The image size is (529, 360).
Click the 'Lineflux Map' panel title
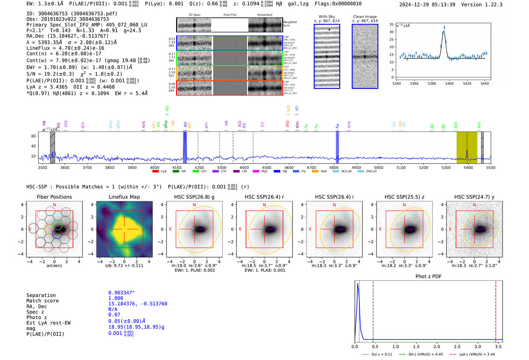tap(124, 197)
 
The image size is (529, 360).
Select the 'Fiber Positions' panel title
tap(54, 197)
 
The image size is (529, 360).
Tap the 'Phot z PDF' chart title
tap(428, 277)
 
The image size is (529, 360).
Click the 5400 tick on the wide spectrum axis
tap(468, 168)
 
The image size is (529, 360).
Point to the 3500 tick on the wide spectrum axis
tap(43, 168)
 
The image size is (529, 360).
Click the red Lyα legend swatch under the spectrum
tap(155, 172)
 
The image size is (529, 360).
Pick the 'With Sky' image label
tap(326, 17)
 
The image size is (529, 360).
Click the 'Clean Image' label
tap(365, 17)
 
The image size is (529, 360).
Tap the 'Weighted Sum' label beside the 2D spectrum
tap(289, 24)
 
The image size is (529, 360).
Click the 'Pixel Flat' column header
tap(230, 15)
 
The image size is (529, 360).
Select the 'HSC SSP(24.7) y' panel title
tap(474, 197)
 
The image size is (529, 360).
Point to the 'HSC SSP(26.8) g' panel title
tap(194, 197)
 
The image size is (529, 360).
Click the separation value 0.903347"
tap(121, 293)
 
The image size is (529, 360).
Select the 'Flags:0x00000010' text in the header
tap(338, 4)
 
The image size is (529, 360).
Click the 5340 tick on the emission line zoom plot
tap(397, 83)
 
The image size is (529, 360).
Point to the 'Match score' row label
tap(42, 301)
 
